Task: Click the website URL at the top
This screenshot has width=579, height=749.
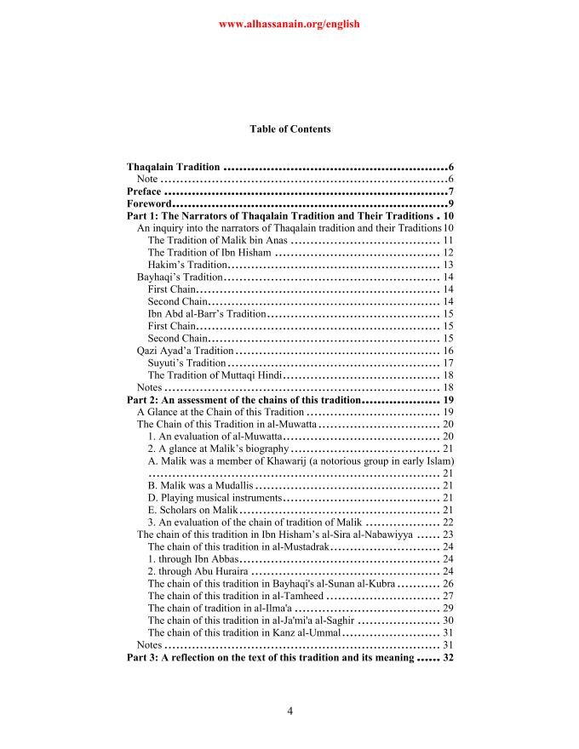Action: tap(289, 24)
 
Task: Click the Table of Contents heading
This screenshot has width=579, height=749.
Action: tap(289, 129)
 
